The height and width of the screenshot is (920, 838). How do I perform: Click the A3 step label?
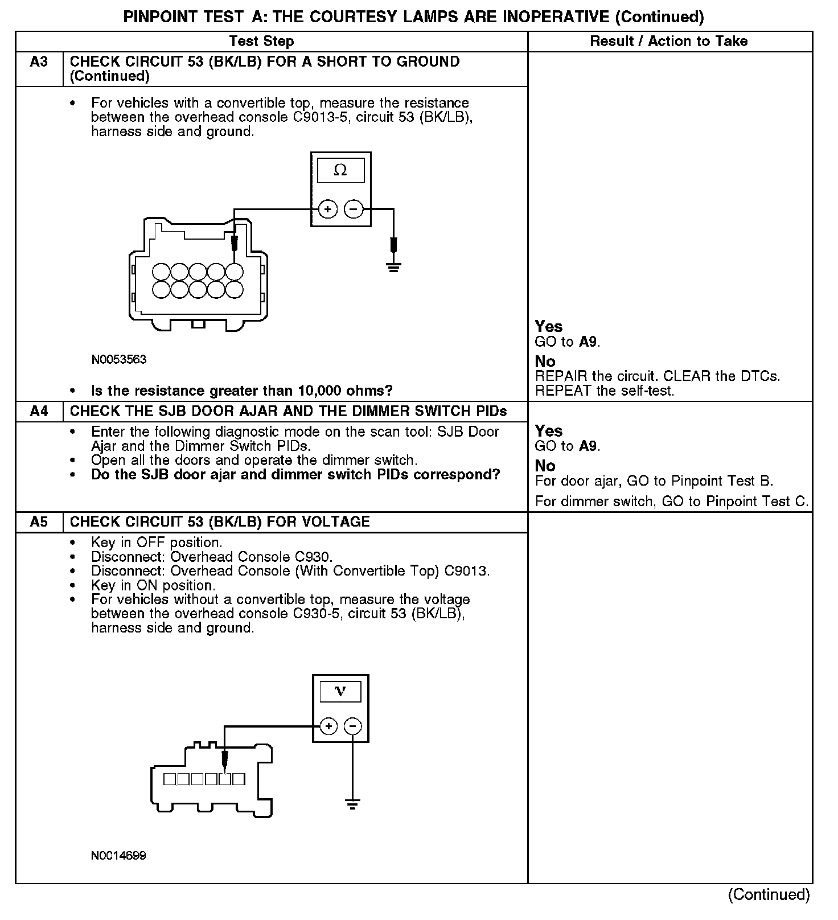[39, 61]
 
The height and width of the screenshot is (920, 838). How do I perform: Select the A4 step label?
[39, 411]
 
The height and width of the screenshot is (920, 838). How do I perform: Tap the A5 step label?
[39, 521]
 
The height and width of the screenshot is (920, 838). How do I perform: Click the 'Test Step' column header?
[261, 41]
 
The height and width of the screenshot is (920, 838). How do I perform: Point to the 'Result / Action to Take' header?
[669, 41]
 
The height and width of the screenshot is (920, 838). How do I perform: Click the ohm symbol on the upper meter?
[340, 170]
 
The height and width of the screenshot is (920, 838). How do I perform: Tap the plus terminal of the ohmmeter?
[327, 210]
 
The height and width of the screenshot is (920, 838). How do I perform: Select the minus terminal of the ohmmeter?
[354, 210]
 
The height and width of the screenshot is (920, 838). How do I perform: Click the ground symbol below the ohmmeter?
[393, 266]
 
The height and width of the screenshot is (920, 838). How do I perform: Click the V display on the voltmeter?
[340, 692]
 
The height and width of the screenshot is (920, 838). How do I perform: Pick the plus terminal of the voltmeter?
[328, 726]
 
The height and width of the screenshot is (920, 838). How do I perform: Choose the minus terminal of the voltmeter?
[353, 726]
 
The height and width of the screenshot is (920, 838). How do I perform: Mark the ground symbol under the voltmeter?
[353, 804]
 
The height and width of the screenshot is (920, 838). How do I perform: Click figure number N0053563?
[118, 360]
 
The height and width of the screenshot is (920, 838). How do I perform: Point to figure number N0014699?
[118, 856]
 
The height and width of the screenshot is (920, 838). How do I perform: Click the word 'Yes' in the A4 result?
[548, 431]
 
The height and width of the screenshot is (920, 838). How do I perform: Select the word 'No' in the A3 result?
[545, 362]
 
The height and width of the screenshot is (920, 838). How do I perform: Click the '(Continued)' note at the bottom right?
[769, 894]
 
